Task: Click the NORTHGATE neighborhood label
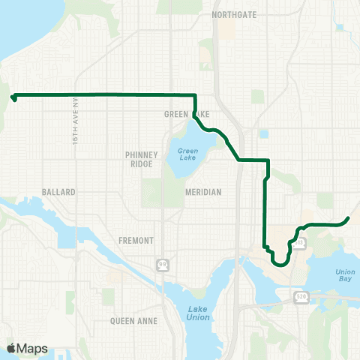tap(234, 14)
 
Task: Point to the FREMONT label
tap(136, 241)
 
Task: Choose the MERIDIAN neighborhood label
tap(203, 192)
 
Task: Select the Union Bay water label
tap(345, 275)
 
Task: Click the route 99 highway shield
tap(162, 265)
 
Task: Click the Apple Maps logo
tap(27, 348)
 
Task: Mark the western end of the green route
tap(13, 97)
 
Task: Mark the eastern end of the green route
tap(349, 218)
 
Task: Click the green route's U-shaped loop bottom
tap(280, 264)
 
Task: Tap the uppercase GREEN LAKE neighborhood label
tap(180, 115)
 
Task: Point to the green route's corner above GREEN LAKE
tap(195, 95)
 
